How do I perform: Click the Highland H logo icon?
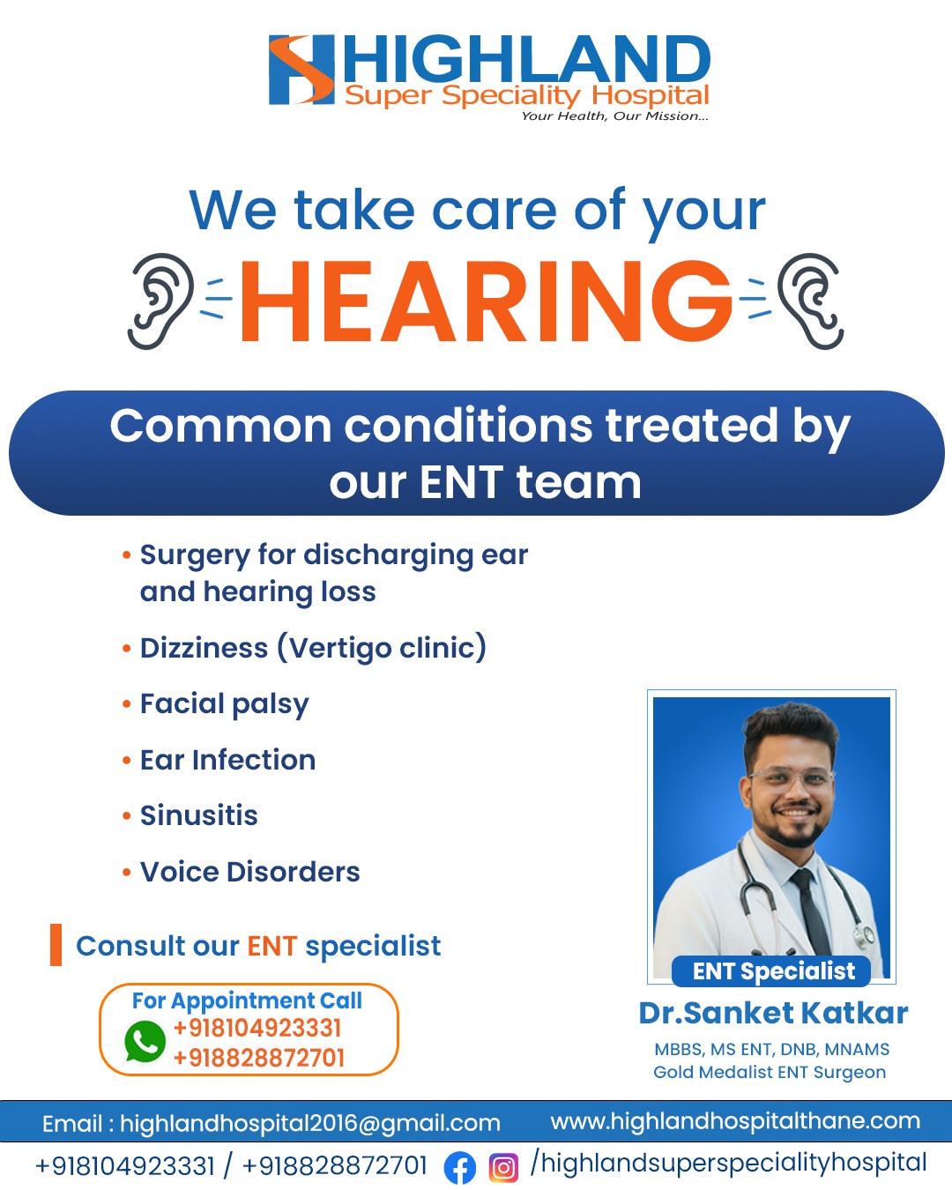pyautogui.click(x=301, y=70)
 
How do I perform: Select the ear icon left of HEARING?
pyautogui.click(x=161, y=301)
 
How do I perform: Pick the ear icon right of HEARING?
pyautogui.click(x=810, y=301)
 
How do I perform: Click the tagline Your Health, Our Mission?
pyautogui.click(x=614, y=116)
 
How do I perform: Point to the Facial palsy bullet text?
pyautogui.click(x=224, y=704)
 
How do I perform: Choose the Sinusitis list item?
pyautogui.click(x=198, y=815)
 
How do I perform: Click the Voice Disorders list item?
pyautogui.click(x=249, y=872)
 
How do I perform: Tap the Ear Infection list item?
pyautogui.click(x=227, y=760)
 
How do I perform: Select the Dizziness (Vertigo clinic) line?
pyautogui.click(x=313, y=648)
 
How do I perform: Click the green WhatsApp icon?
pyautogui.click(x=145, y=1041)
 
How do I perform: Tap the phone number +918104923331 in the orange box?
pyautogui.click(x=257, y=1029)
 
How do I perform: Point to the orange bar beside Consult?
pyautogui.click(x=56, y=944)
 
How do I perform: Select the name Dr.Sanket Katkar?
pyautogui.click(x=773, y=1013)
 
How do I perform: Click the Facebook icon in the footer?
pyautogui.click(x=459, y=1167)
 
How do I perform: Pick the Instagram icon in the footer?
pyautogui.click(x=503, y=1167)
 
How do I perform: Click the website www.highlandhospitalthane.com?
pyautogui.click(x=735, y=1121)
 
